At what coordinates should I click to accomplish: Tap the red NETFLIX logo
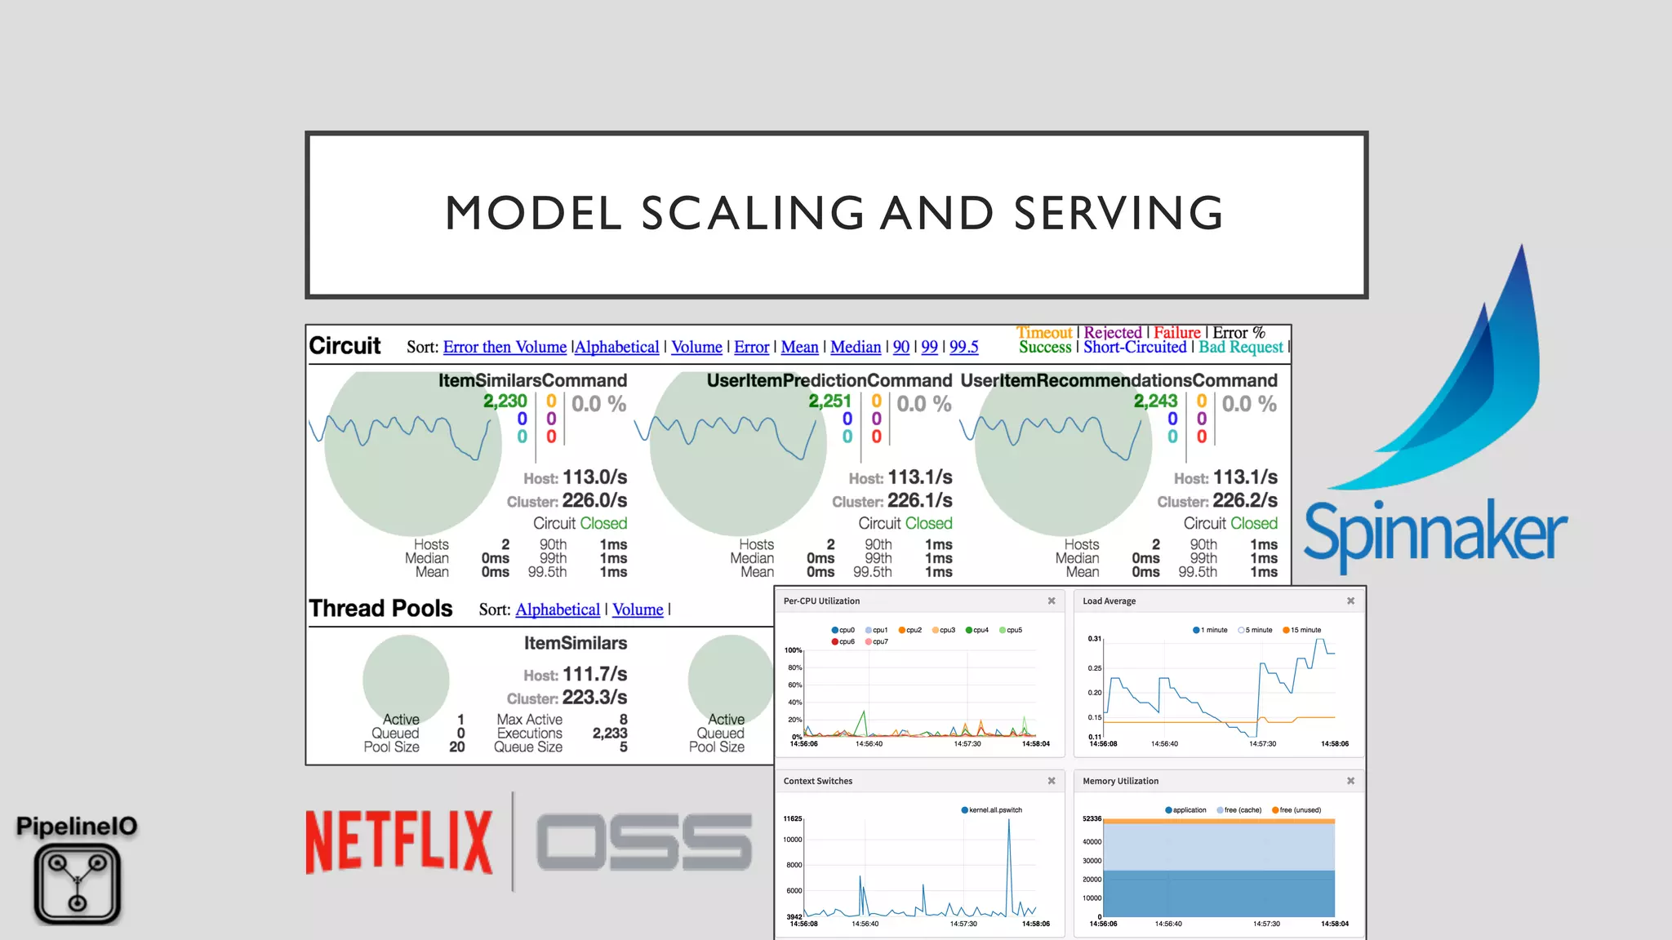(x=399, y=842)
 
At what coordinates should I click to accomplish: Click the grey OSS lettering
(x=644, y=842)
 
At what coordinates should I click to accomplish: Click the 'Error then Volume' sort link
(x=505, y=347)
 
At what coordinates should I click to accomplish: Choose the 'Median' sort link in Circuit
(x=856, y=347)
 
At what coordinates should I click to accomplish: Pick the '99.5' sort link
(x=963, y=347)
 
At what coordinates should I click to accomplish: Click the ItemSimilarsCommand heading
(x=532, y=380)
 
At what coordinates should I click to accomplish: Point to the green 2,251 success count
(x=829, y=401)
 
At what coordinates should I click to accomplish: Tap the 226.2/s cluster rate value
(x=1245, y=500)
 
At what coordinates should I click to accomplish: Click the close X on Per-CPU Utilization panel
(x=1052, y=601)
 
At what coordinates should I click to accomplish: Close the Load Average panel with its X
(x=1350, y=601)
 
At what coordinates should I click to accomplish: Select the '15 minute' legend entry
(x=1305, y=630)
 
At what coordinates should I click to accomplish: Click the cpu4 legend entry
(x=980, y=630)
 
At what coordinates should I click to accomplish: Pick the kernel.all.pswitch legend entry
(x=994, y=810)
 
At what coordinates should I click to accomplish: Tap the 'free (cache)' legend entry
(x=1242, y=810)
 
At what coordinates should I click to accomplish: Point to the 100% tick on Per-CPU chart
(x=793, y=650)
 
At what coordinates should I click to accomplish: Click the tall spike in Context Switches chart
(x=1009, y=824)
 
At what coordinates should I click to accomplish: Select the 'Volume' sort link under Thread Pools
(x=638, y=610)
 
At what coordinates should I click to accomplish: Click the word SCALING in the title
(x=752, y=213)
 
